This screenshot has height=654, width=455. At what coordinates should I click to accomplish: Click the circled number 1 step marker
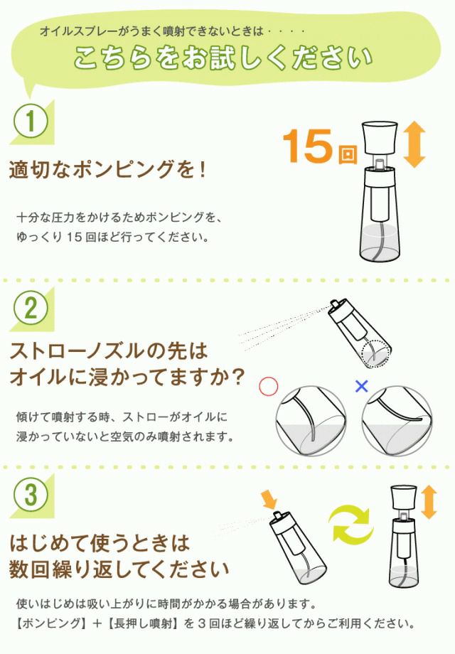coord(31,121)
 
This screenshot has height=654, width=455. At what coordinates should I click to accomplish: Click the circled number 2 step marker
coord(31,309)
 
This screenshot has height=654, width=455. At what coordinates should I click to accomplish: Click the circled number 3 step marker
coord(31,495)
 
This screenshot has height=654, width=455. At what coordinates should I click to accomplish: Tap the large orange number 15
coord(308,146)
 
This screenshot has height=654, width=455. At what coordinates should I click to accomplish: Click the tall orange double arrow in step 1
coord(414,145)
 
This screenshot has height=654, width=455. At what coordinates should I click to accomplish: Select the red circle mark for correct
coord(268,386)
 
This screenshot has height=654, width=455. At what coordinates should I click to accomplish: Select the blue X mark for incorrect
coord(362,386)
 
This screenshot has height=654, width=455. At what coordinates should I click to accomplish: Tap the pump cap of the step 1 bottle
coord(379,137)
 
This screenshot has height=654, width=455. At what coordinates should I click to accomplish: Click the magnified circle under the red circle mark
coord(311,420)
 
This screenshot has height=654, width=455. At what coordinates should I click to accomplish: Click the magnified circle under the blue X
coord(397,420)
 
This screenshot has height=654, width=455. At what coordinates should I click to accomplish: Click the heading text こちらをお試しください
coord(223,57)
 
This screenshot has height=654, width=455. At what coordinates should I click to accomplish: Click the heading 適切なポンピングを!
coord(107,169)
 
